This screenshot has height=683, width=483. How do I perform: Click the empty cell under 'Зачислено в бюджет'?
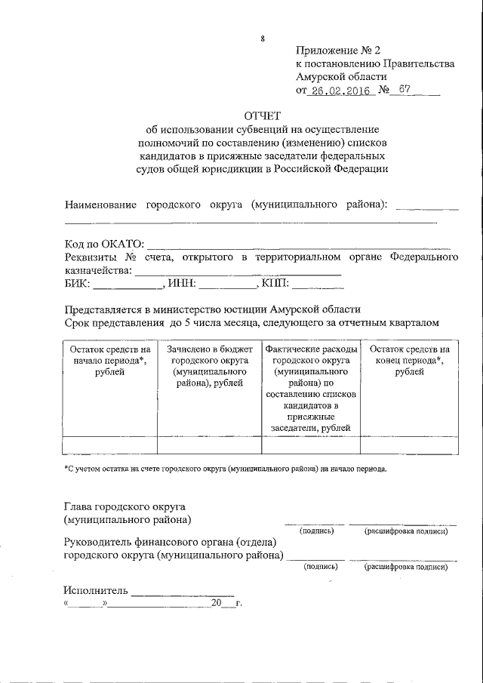(208, 445)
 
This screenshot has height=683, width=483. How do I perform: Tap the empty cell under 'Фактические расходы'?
(311, 445)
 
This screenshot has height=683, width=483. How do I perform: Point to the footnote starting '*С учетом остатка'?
(225, 469)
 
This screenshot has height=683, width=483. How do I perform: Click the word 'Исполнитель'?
(97, 590)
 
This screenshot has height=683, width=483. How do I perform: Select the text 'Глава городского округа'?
(125, 506)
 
